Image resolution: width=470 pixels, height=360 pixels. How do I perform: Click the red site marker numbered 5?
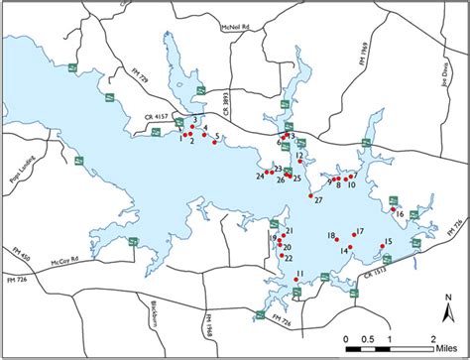pos(213,143)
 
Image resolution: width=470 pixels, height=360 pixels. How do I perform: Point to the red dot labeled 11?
pos(294,281)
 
